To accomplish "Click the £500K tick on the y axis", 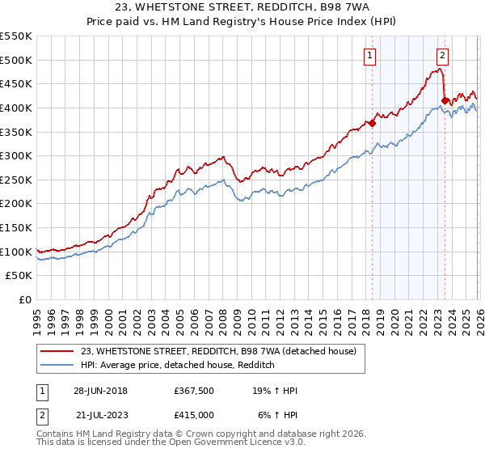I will [16, 60].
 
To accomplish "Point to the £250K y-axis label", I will [16, 180].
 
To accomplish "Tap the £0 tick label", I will [24, 299].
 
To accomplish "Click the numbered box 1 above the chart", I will [370, 56].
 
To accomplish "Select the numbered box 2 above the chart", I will [443, 56].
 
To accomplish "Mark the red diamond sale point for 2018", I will [372, 123].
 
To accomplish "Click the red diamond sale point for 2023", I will [445, 100].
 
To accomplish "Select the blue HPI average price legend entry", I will [178, 366].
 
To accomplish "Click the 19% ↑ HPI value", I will [276, 391].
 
